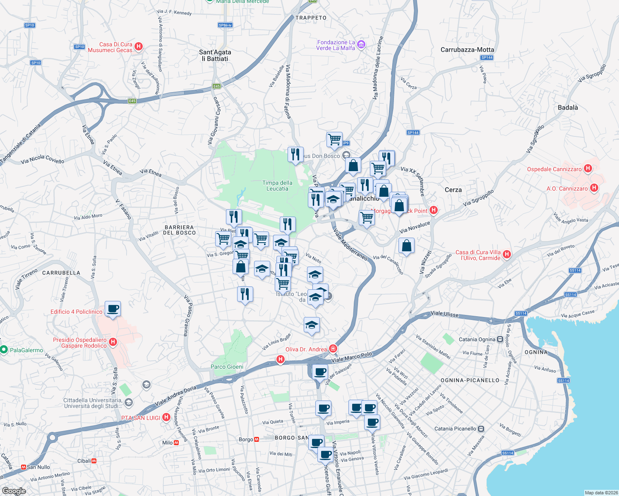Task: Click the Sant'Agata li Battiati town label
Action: pyautogui.click(x=215, y=55)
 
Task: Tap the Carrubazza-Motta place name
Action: pyautogui.click(x=467, y=50)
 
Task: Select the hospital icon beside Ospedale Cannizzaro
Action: pyautogui.click(x=588, y=169)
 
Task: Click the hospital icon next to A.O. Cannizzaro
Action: pyautogui.click(x=594, y=188)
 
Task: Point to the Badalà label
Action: pyautogui.click(x=568, y=107)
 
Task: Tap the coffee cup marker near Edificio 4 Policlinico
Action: pyautogui.click(x=113, y=308)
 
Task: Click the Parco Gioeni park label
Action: pyautogui.click(x=227, y=367)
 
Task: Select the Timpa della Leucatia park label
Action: pyautogui.click(x=277, y=186)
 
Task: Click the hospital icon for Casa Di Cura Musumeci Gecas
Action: pyautogui.click(x=139, y=46)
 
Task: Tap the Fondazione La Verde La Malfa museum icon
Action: pyautogui.click(x=361, y=44)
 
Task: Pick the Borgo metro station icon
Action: pyautogui.click(x=257, y=439)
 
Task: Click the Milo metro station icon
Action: pyautogui.click(x=177, y=443)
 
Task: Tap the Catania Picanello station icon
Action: pyautogui.click(x=481, y=429)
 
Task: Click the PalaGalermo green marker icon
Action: pyautogui.click(x=4, y=350)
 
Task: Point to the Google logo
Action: pyautogui.click(x=14, y=491)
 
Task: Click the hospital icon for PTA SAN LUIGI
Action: pyautogui.click(x=166, y=417)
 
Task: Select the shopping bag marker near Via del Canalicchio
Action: pyautogui.click(x=406, y=246)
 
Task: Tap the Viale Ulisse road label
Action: pyautogui.click(x=444, y=314)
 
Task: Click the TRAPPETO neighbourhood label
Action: pyautogui.click(x=311, y=18)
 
